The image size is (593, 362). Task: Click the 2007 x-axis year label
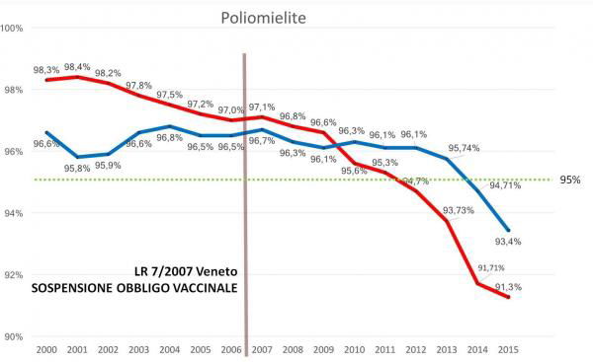point(262,349)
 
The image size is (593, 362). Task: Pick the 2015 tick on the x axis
point(508,349)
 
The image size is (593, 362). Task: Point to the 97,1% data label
point(262,107)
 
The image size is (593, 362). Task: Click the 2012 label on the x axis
point(415,349)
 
